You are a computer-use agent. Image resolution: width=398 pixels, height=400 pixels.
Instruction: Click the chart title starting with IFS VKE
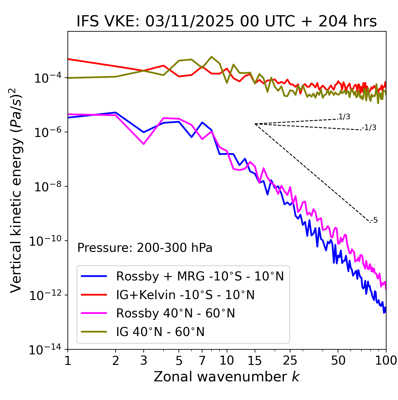point(227,22)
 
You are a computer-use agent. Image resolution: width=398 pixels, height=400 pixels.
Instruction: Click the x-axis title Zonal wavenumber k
point(227,376)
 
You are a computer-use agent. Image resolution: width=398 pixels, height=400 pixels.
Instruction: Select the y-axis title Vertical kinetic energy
point(16,190)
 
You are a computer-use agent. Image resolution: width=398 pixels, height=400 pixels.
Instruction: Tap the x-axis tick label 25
point(290,361)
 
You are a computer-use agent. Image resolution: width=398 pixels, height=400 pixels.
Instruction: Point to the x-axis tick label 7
point(202,361)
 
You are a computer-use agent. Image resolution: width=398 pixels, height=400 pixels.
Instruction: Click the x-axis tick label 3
point(144,361)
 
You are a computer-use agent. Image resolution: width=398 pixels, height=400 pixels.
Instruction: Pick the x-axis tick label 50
point(338,361)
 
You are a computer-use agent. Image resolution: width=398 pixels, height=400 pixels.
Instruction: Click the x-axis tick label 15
point(255,361)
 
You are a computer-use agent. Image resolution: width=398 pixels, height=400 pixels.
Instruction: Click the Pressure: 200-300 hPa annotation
point(145,248)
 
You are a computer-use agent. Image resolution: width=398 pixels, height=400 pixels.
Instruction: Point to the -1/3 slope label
point(369,128)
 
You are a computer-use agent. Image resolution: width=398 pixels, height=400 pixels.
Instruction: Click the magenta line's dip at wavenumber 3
point(144,144)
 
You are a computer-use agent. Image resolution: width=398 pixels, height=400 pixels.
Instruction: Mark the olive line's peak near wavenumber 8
point(211,57)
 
